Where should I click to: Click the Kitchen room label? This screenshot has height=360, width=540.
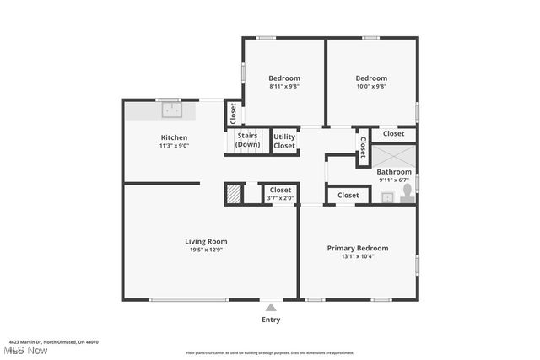point(174,137)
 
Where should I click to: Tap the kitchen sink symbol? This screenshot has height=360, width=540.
point(172,109)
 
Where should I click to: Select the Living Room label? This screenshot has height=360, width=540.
point(206,242)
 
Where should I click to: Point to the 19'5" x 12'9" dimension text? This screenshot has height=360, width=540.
point(206,250)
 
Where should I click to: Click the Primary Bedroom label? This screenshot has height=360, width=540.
point(358,248)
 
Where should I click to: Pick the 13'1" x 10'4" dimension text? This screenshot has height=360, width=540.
point(358,256)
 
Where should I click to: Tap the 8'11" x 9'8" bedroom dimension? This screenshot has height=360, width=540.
point(284,86)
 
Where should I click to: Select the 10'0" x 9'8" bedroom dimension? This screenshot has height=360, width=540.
point(370,86)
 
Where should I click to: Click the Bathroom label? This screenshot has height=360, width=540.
point(394,172)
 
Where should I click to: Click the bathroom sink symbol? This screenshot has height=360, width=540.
point(386,198)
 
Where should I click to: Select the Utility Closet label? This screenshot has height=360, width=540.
point(284,141)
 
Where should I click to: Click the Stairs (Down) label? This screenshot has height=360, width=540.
point(247,140)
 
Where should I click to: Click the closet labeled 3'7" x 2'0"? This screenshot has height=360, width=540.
point(279,194)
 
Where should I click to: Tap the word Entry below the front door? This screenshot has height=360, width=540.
point(271,320)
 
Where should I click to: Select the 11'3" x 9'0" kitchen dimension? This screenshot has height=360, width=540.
point(174,146)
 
